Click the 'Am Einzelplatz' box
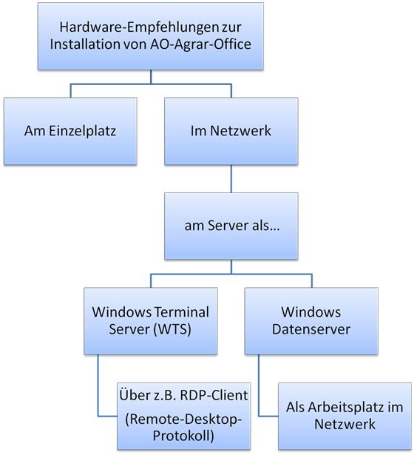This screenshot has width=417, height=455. (x=70, y=131)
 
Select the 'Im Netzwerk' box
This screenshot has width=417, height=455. (x=231, y=131)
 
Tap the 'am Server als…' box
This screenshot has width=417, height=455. (x=231, y=226)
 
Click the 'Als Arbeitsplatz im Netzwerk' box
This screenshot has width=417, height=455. (x=344, y=415)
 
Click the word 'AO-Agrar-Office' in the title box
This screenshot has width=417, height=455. (x=210, y=44)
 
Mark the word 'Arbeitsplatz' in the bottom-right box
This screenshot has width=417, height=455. (x=346, y=408)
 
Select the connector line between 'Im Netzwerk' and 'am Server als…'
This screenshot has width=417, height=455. (x=231, y=178)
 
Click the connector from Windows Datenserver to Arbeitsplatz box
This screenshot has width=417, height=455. (x=260, y=388)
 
